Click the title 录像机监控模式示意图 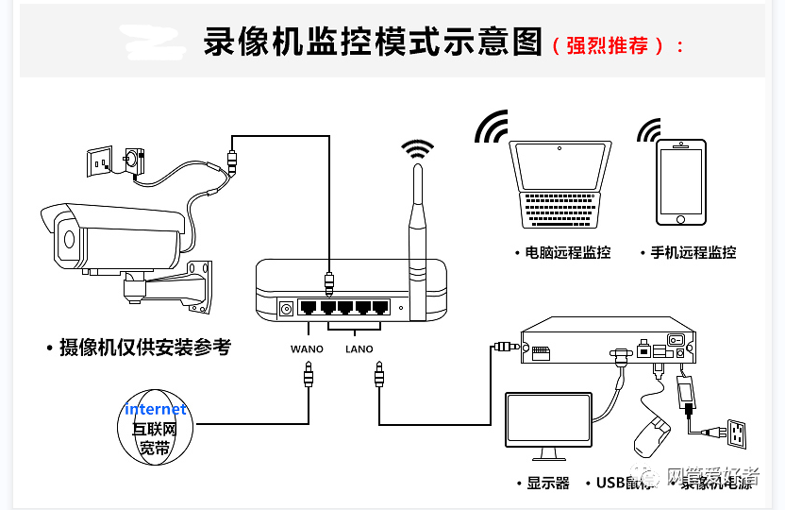tap(373, 43)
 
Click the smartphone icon tap(681, 182)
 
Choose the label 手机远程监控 tap(693, 253)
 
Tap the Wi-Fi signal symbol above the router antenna tap(417, 148)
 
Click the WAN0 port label tap(307, 349)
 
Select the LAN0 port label tap(359, 349)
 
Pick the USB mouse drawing tap(648, 435)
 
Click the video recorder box tap(608, 341)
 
